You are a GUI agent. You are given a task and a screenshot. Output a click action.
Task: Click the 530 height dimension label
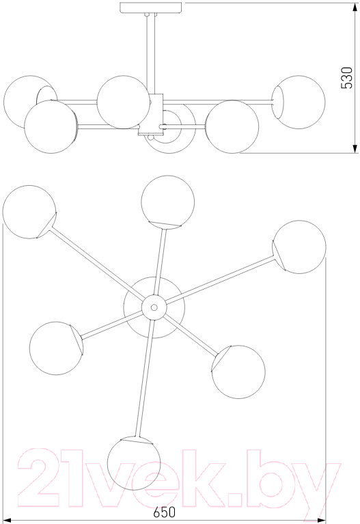pyautogui.click(x=346, y=78)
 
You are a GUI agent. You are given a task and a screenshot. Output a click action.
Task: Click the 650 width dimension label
pyautogui.click(x=165, y=512)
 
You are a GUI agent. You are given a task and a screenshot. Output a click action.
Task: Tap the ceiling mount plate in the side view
pyautogui.click(x=152, y=8)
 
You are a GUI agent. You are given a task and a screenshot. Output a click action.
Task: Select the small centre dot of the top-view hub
pyautogui.click(x=154, y=307)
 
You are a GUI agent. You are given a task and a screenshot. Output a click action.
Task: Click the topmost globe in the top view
pyautogui.click(x=168, y=202)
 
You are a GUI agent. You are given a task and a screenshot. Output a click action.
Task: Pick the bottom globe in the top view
pyautogui.click(x=134, y=463)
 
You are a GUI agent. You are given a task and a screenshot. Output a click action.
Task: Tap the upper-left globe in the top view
pyautogui.click(x=29, y=212)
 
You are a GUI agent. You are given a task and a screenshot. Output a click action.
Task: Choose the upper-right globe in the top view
pyautogui.click(x=299, y=247)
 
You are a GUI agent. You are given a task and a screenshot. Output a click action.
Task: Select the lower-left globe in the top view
pyautogui.click(x=56, y=348)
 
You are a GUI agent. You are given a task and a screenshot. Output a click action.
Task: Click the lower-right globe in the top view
pyautogui.click(x=238, y=372)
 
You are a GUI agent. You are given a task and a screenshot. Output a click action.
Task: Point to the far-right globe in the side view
pyautogui.click(x=298, y=102)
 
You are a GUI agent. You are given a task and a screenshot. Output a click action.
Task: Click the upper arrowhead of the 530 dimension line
pyautogui.click(x=355, y=6)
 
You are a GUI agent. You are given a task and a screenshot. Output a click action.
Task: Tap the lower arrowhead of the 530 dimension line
pyautogui.click(x=355, y=150)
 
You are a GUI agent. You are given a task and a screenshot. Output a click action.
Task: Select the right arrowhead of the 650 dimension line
pyautogui.click(x=322, y=521)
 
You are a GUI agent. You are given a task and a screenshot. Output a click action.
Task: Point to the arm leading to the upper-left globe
pyautogui.click(x=97, y=263)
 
